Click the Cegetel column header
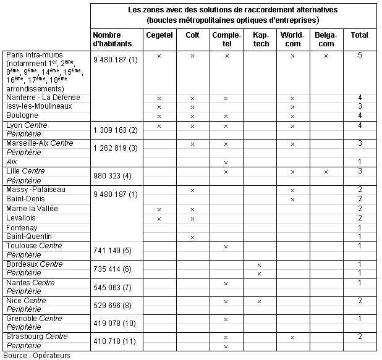[159, 35]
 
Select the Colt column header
[192, 35]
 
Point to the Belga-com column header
[326, 40]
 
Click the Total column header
[359, 35]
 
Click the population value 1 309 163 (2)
[116, 130]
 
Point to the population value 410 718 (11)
[116, 341]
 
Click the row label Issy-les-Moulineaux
[39, 106]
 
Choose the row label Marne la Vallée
[32, 209]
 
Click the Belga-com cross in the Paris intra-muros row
[326, 56]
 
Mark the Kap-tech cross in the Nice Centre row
[259, 301]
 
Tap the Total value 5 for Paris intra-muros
[359, 55]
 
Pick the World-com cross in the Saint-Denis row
[292, 199]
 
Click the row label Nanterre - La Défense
[43, 98]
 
